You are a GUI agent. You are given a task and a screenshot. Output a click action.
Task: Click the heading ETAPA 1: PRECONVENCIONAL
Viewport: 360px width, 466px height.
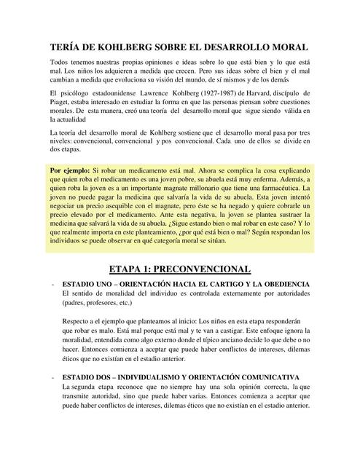coord(179,269)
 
